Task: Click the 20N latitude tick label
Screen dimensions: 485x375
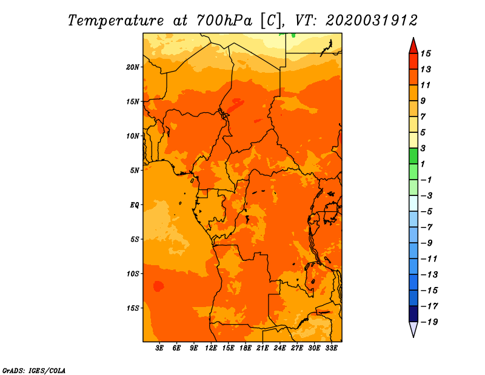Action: (x=133, y=67)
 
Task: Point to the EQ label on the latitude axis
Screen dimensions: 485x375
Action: (x=135, y=205)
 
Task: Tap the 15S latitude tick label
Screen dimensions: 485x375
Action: (x=133, y=308)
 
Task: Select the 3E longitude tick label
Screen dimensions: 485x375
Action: (x=159, y=348)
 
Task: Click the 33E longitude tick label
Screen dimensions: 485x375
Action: (x=331, y=348)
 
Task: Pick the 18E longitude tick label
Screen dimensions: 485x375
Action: (x=246, y=348)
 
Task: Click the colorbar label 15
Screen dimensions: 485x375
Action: (x=426, y=53)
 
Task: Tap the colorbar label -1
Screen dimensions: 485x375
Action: (x=427, y=180)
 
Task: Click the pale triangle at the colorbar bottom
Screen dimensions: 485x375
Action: (x=413, y=328)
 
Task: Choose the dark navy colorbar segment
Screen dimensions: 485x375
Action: (x=413, y=314)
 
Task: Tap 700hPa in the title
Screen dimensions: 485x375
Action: (x=224, y=21)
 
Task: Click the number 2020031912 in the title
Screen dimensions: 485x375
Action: (x=372, y=21)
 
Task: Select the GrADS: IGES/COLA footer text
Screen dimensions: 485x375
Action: (x=34, y=371)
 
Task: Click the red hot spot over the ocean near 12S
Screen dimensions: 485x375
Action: (x=159, y=286)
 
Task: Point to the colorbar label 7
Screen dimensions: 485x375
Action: (x=423, y=117)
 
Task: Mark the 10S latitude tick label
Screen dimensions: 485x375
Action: (x=133, y=274)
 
